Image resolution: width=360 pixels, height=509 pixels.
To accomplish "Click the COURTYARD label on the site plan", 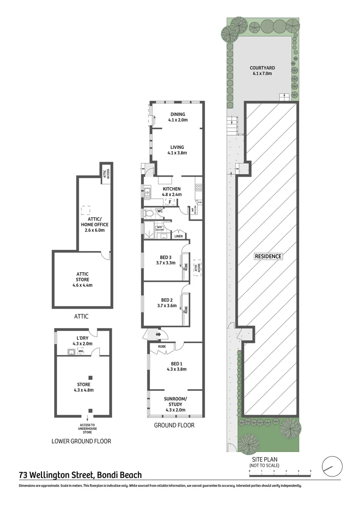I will (x=262, y=68).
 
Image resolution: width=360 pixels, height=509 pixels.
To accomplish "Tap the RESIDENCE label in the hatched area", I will (x=268, y=256).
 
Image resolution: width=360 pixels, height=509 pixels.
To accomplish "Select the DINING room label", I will (x=178, y=114).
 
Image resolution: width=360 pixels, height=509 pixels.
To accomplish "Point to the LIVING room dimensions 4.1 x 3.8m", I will (x=178, y=153).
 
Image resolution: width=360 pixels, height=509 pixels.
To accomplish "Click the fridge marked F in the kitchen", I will (x=170, y=202).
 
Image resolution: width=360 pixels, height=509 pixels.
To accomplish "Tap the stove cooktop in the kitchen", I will (x=199, y=187).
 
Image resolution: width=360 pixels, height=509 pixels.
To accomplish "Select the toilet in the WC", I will (x=149, y=213).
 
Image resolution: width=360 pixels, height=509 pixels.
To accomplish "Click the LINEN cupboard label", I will (x=178, y=236).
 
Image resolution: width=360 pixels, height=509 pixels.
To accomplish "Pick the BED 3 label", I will (x=167, y=257).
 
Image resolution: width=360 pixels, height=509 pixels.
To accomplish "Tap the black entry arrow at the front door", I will (x=158, y=335).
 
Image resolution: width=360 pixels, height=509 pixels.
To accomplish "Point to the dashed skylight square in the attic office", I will (x=86, y=210).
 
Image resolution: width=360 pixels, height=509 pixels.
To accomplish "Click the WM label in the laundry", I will (x=81, y=351).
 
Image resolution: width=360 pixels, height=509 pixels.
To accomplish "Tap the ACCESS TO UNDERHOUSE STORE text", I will (x=87, y=428).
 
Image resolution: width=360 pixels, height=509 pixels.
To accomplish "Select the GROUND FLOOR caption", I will (x=174, y=425).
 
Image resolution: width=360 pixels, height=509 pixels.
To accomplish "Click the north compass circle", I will (x=329, y=467).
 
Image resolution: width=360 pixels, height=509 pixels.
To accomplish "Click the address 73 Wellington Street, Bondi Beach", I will (x=80, y=476).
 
